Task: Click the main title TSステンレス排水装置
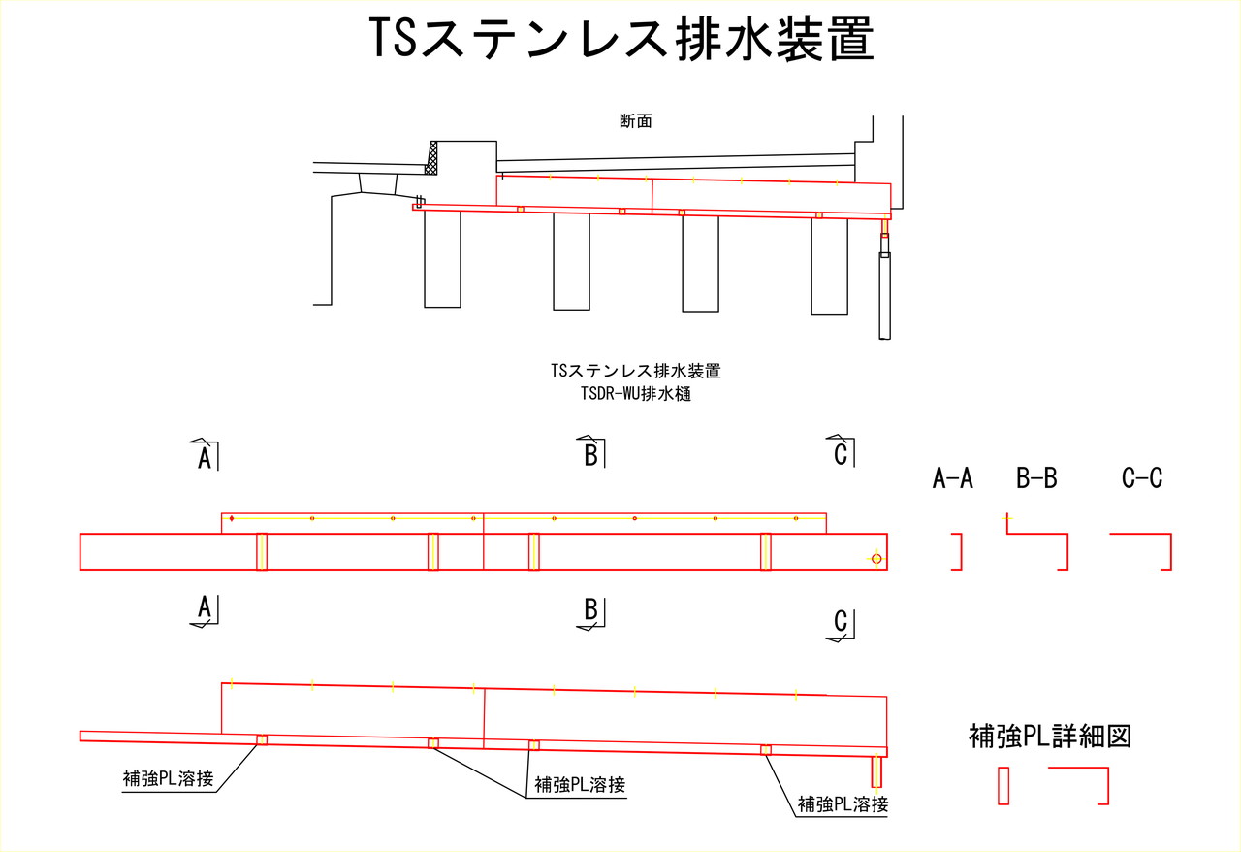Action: click(x=620, y=40)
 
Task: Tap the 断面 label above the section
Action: click(x=635, y=122)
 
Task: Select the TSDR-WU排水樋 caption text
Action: click(x=635, y=394)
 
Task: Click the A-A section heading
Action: click(x=952, y=477)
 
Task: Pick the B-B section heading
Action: click(x=1036, y=477)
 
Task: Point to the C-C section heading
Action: click(x=1142, y=477)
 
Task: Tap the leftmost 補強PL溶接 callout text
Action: click(x=168, y=778)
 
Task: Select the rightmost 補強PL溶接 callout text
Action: click(x=843, y=803)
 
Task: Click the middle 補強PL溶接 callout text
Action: click(x=580, y=784)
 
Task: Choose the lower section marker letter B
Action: click(x=590, y=610)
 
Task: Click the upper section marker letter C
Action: click(x=841, y=453)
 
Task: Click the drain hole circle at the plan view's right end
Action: click(x=876, y=559)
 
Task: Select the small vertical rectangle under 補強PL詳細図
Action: click(x=1003, y=785)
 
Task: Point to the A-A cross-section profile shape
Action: click(x=958, y=551)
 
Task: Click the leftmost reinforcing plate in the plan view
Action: click(x=262, y=551)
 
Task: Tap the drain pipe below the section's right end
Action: click(x=884, y=295)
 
